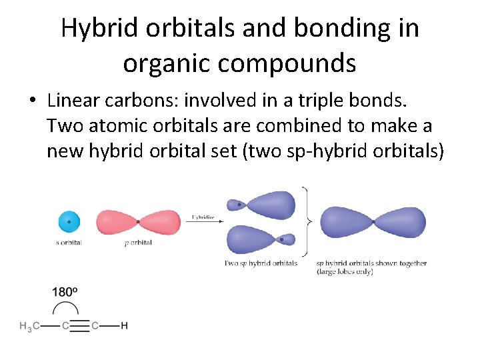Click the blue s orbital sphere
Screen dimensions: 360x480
click(x=69, y=221)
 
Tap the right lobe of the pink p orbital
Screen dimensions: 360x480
click(x=160, y=221)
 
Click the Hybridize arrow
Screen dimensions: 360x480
click(x=203, y=222)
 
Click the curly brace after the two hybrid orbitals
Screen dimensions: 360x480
click(x=307, y=221)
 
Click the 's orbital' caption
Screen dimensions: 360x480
click(x=69, y=243)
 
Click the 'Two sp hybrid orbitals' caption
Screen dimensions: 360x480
click(x=261, y=263)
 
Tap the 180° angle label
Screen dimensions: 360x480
click(x=65, y=292)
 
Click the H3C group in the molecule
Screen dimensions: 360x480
click(x=29, y=326)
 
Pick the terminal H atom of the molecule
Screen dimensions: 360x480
click(x=125, y=326)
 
